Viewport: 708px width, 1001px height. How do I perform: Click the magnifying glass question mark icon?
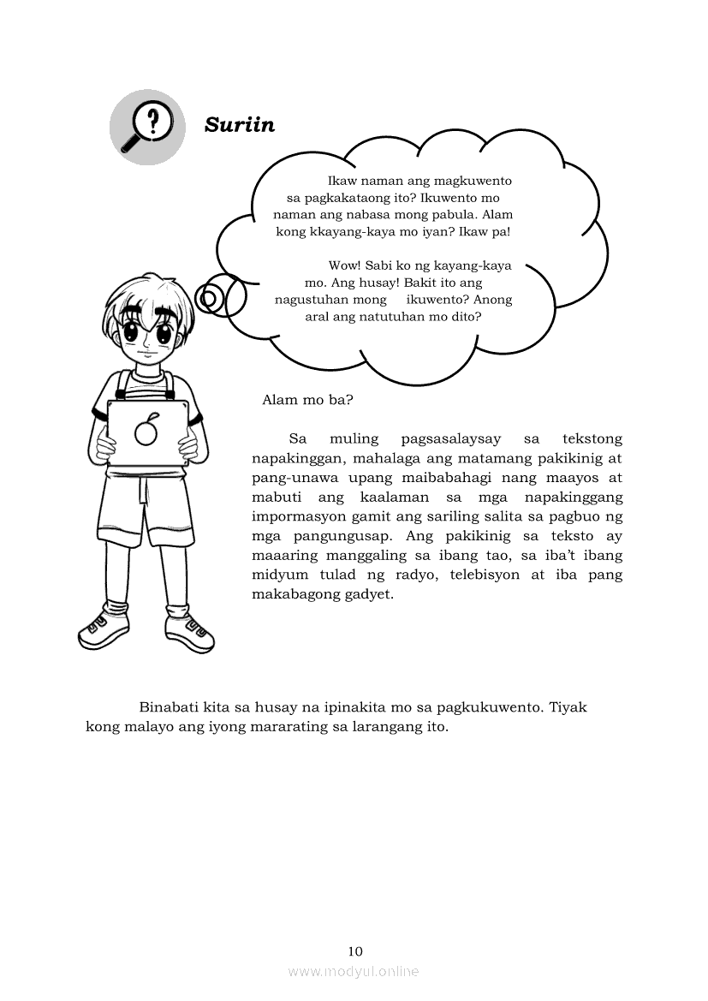click(x=146, y=127)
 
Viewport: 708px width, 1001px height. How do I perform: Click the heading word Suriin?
click(x=240, y=125)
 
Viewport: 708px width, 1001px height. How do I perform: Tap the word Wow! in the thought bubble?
click(x=345, y=265)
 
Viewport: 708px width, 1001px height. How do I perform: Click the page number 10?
click(x=355, y=951)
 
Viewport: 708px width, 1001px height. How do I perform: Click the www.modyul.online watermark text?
click(x=354, y=971)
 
